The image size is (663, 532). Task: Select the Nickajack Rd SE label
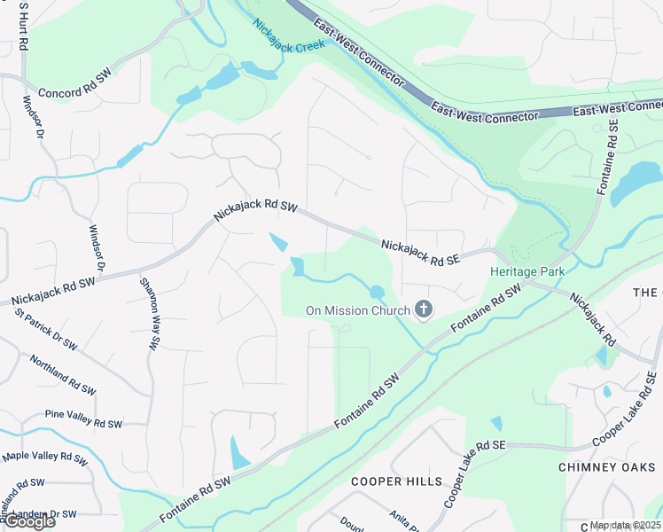(420, 252)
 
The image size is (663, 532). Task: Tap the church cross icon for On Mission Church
(424, 309)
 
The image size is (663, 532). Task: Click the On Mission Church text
(358, 310)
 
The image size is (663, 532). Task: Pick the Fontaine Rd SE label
(606, 154)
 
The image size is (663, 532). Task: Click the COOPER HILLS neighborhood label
(396, 481)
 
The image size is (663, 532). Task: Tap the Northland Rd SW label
(63, 375)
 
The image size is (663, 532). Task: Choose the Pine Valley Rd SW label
(83, 419)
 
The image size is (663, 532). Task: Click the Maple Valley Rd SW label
(44, 458)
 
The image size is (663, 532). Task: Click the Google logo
(28, 521)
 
